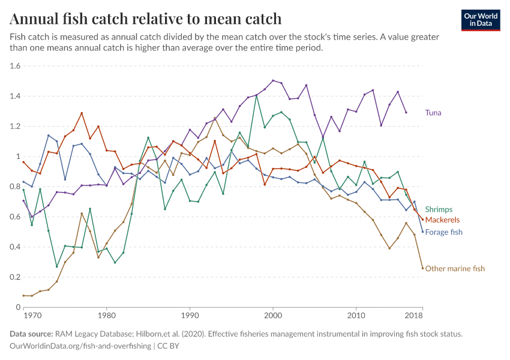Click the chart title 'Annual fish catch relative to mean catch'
click(x=146, y=19)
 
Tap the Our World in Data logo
click(x=481, y=19)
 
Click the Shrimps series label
click(x=439, y=209)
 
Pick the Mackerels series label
click(x=442, y=220)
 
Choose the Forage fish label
click(x=443, y=232)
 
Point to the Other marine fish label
click(x=454, y=268)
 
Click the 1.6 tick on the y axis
click(x=15, y=66)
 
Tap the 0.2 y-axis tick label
click(x=15, y=277)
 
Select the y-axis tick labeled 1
click(x=19, y=157)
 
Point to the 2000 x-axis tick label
click(x=273, y=315)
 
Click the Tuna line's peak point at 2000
click(x=273, y=80)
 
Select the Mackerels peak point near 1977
click(x=82, y=113)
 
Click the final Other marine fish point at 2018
click(x=422, y=268)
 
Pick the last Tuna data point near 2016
click(x=406, y=112)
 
